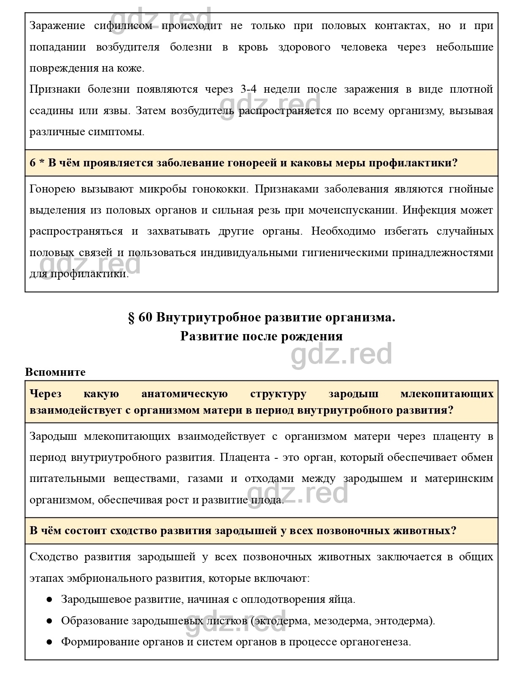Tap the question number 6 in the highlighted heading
point(33,163)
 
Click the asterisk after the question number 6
point(42,162)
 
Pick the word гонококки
point(220,189)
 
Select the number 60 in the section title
point(145,317)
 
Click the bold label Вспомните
point(55,372)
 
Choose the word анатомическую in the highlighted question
point(184,394)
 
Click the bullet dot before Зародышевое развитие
point(49,599)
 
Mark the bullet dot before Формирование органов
point(49,642)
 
